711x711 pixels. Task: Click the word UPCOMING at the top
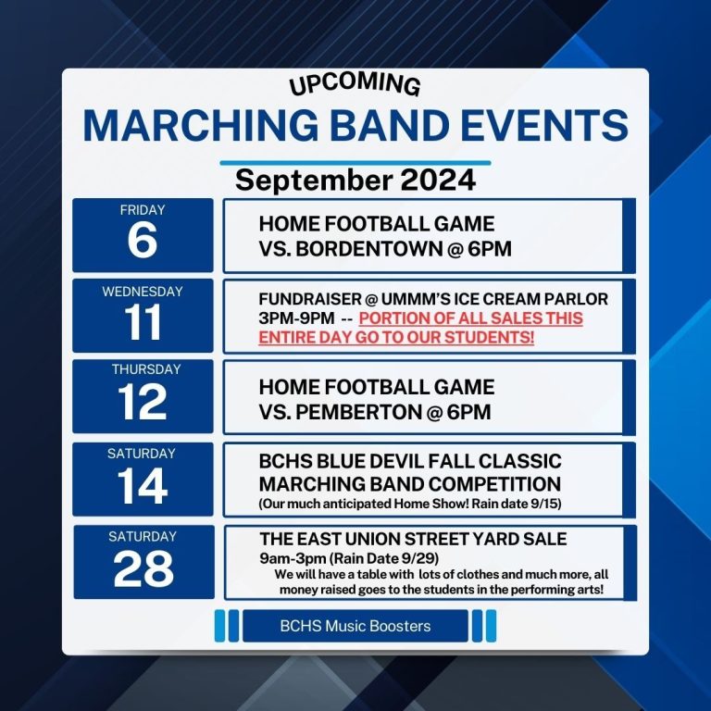pyautogui.click(x=355, y=84)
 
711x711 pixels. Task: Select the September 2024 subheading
pyautogui.click(x=355, y=180)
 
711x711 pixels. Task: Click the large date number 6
pyautogui.click(x=143, y=240)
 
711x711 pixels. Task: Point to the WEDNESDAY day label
pyautogui.click(x=143, y=292)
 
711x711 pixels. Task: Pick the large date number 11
pyautogui.click(x=143, y=321)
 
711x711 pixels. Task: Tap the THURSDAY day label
pyautogui.click(x=146, y=369)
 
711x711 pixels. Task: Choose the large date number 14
pyautogui.click(x=143, y=486)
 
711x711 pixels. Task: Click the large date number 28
pyautogui.click(x=143, y=568)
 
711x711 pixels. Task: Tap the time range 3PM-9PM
pyautogui.click(x=296, y=318)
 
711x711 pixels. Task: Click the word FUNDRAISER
pyautogui.click(x=310, y=299)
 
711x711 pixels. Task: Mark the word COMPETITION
pyautogui.click(x=494, y=484)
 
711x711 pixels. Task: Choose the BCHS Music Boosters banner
pyautogui.click(x=355, y=626)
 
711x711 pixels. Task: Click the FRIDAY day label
pyautogui.click(x=143, y=210)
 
